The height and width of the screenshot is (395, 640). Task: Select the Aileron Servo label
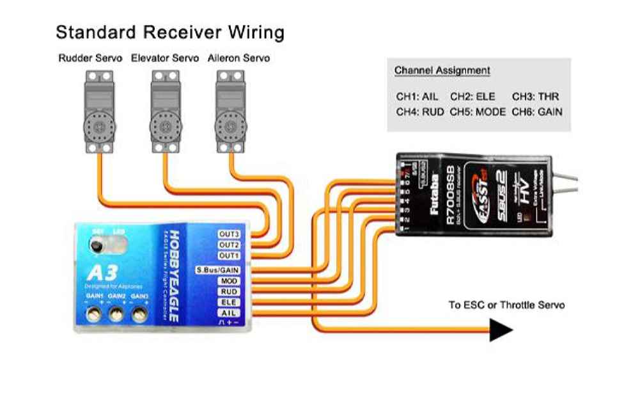(238, 58)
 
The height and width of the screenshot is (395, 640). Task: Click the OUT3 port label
(229, 234)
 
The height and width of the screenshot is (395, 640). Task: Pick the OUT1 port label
(229, 255)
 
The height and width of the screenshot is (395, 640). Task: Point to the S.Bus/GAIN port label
(217, 270)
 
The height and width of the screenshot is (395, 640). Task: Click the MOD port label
(229, 281)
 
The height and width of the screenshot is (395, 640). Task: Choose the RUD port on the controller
(229, 291)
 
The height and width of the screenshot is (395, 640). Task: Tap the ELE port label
(229, 302)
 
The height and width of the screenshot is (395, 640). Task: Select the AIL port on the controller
(229, 313)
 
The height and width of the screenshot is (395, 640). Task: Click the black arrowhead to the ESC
(501, 330)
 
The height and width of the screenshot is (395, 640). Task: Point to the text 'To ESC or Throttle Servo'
(506, 305)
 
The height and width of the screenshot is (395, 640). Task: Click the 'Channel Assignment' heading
(442, 70)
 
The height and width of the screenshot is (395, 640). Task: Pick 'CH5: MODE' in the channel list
(478, 111)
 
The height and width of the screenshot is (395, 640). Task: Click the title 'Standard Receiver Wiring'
(169, 33)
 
